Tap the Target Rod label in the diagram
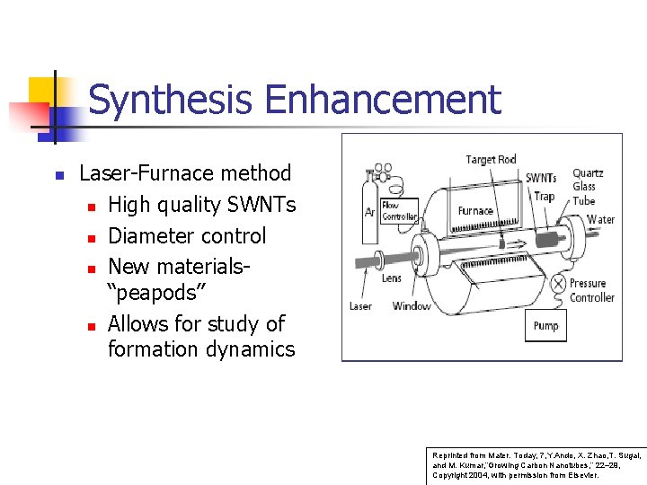[x=491, y=160]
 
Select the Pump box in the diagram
[x=545, y=325]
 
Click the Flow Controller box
[x=400, y=211]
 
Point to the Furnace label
[x=475, y=211]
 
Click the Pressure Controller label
[x=591, y=290]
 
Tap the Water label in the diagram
[x=600, y=219]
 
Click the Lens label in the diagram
[x=392, y=278]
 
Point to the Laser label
[x=360, y=306]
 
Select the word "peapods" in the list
[x=156, y=293]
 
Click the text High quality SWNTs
[x=201, y=205]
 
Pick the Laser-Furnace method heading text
[x=185, y=173]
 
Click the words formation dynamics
[x=201, y=348]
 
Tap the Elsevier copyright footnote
[x=536, y=464]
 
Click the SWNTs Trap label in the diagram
[x=541, y=187]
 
